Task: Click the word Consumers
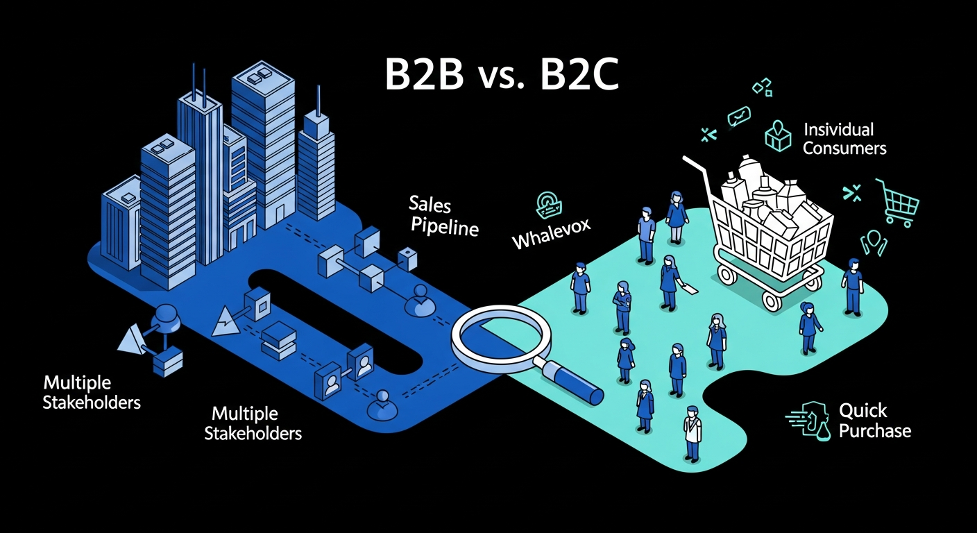[844, 148]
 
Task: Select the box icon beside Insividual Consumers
[777, 136]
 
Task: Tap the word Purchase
[874, 430]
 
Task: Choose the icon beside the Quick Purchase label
[808, 420]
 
